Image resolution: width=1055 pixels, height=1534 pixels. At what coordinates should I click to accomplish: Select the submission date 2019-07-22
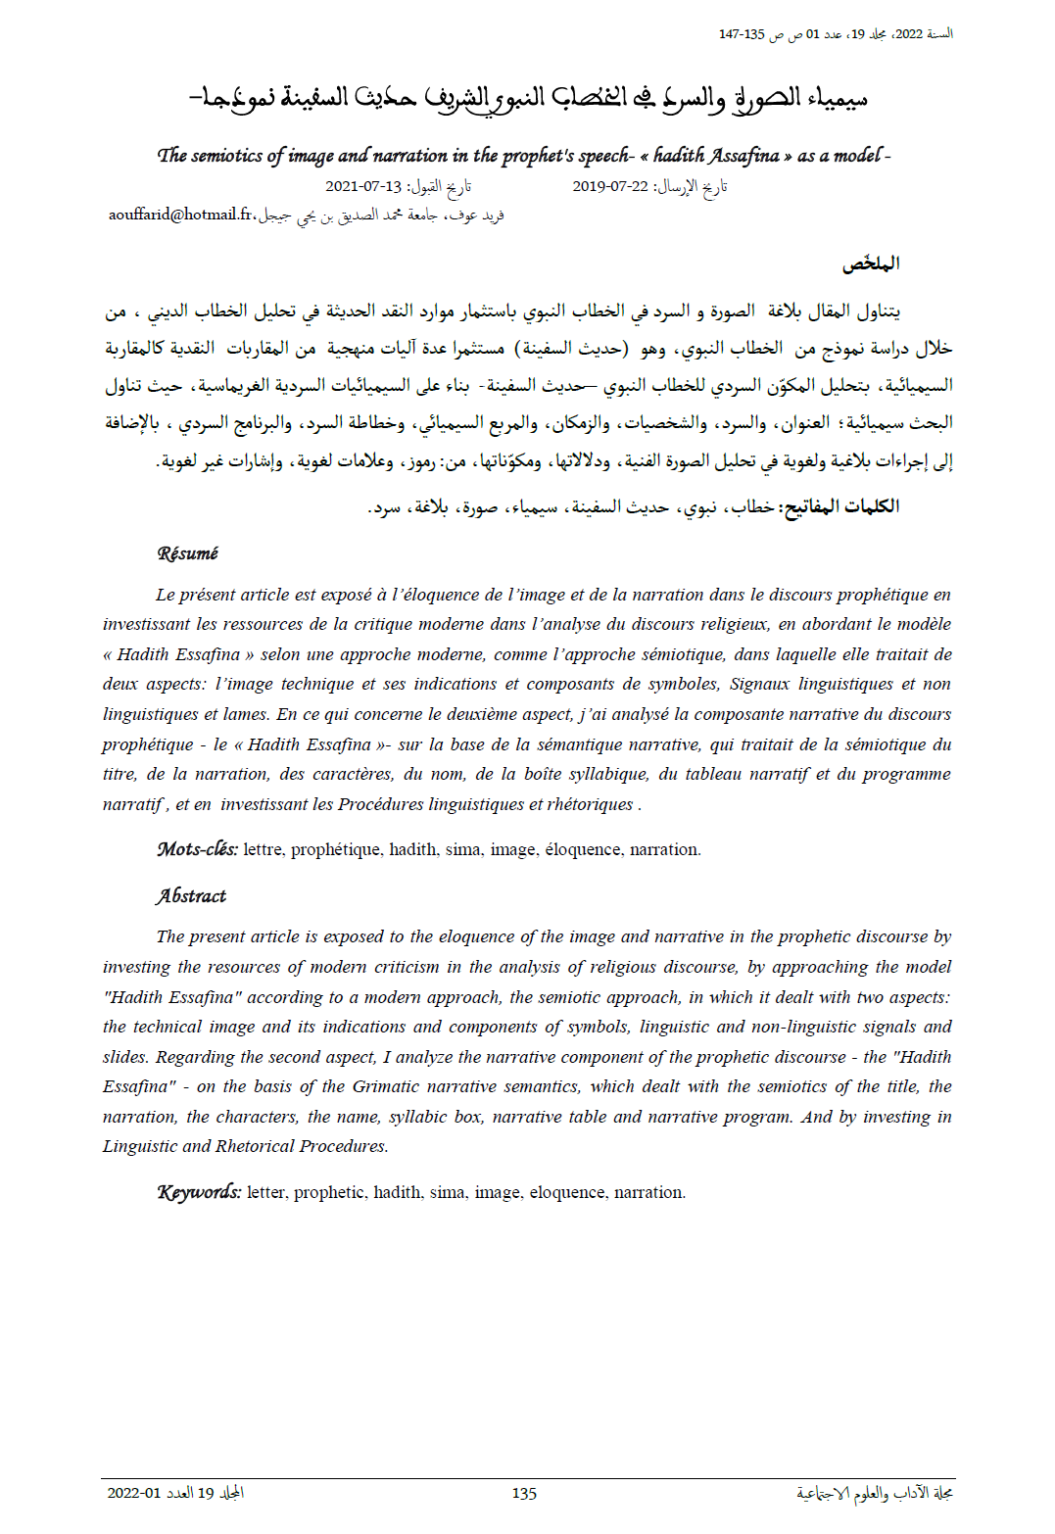click(x=610, y=186)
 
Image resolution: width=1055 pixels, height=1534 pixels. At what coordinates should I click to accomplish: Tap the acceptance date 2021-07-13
click(x=363, y=186)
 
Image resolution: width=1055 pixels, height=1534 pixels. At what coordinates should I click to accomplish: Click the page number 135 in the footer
click(x=524, y=1493)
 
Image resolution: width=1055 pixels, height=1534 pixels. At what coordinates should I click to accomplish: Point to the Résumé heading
click(x=187, y=553)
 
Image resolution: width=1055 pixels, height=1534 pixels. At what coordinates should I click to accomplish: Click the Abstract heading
click(x=191, y=896)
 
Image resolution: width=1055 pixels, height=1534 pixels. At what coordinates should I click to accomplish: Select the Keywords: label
click(x=199, y=1192)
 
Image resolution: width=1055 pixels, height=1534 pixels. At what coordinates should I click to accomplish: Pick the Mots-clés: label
click(x=197, y=849)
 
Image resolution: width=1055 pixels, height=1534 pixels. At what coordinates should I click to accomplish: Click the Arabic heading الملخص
click(x=871, y=264)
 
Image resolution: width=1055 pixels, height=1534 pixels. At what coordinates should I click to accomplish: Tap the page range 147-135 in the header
click(x=742, y=34)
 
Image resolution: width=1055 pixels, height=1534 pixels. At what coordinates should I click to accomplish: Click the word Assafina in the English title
click(x=743, y=156)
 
